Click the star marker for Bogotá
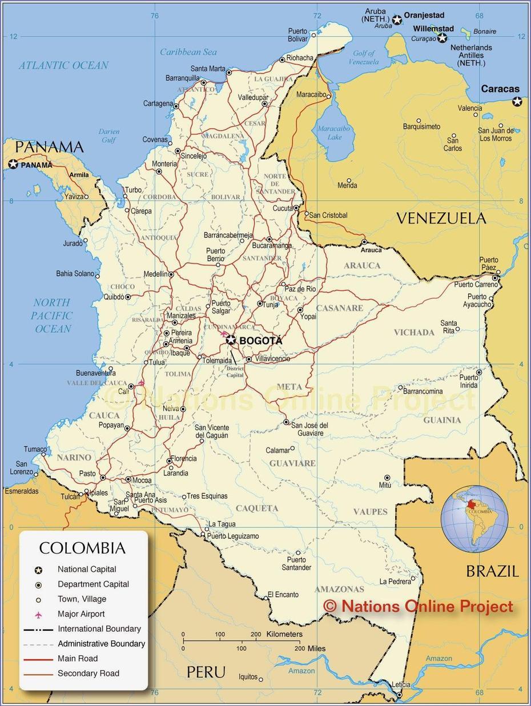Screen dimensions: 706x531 click(x=231, y=340)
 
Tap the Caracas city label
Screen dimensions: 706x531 click(x=500, y=89)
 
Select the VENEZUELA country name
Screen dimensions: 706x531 click(x=441, y=218)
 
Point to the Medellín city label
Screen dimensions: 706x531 click(x=155, y=274)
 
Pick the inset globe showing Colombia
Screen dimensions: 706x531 click(x=474, y=519)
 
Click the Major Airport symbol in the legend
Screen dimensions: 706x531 click(x=38, y=614)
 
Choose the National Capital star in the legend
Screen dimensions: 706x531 click(x=38, y=570)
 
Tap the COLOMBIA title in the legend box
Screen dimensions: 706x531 click(x=82, y=548)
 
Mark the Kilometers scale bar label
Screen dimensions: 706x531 click(x=284, y=634)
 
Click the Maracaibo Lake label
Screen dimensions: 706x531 click(x=335, y=132)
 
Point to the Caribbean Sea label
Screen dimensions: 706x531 click(x=188, y=52)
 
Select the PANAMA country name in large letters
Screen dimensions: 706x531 click(x=49, y=147)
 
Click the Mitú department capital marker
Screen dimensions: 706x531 click(x=387, y=478)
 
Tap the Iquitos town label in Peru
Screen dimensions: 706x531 click(x=248, y=677)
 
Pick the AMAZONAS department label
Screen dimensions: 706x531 click(x=339, y=589)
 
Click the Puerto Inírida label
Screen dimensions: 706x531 click(x=469, y=381)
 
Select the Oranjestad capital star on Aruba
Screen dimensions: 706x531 click(x=397, y=20)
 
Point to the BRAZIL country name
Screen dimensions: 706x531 click(x=492, y=571)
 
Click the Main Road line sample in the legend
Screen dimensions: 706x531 click(x=38, y=659)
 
